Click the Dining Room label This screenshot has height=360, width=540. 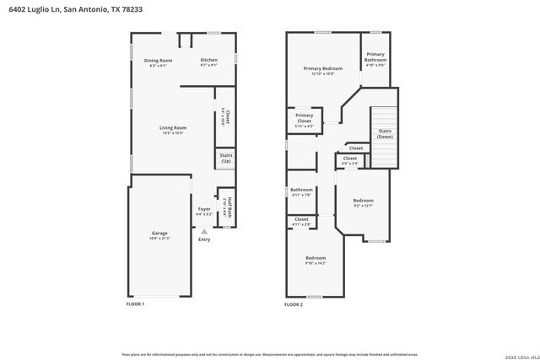point(158,61)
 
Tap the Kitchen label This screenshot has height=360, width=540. point(209,61)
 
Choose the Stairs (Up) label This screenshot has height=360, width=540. point(226,158)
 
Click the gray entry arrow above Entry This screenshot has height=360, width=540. point(204,230)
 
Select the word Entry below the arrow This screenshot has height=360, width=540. point(204,239)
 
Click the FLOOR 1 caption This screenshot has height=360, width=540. point(135,304)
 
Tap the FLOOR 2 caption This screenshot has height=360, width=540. point(294,304)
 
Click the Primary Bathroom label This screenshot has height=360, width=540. point(375,58)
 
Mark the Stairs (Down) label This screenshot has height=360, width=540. point(385,132)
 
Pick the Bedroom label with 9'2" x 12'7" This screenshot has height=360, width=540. point(363,201)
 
